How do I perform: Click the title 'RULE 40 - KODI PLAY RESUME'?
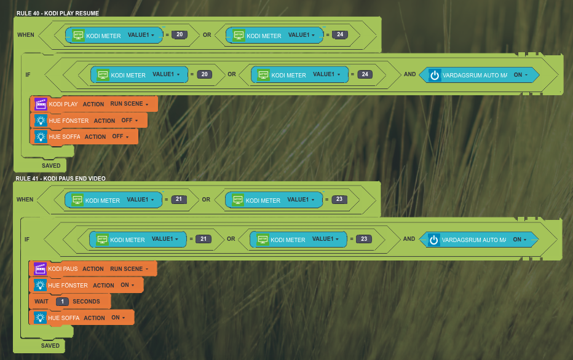(58, 14)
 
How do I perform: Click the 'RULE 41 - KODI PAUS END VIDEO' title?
(61, 179)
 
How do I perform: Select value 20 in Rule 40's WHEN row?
(180, 35)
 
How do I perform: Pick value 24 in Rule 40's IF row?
(365, 74)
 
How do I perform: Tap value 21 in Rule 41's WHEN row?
(179, 200)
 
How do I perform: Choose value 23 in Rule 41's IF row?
(364, 239)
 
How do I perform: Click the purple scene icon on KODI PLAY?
(41, 104)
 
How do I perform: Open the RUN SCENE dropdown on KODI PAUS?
(129, 268)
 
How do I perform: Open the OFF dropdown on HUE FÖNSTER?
(128, 120)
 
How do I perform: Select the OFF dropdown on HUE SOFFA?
(120, 136)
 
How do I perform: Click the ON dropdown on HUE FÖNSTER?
(128, 285)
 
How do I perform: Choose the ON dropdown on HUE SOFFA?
(119, 318)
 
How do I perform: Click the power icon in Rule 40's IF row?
(435, 75)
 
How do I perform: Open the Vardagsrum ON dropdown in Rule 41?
(520, 240)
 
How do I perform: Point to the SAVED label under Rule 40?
(51, 166)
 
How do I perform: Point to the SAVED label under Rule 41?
(50, 346)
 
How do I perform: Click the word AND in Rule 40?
(409, 74)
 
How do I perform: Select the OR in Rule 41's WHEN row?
(206, 200)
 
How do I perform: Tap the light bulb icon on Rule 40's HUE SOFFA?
(41, 136)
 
